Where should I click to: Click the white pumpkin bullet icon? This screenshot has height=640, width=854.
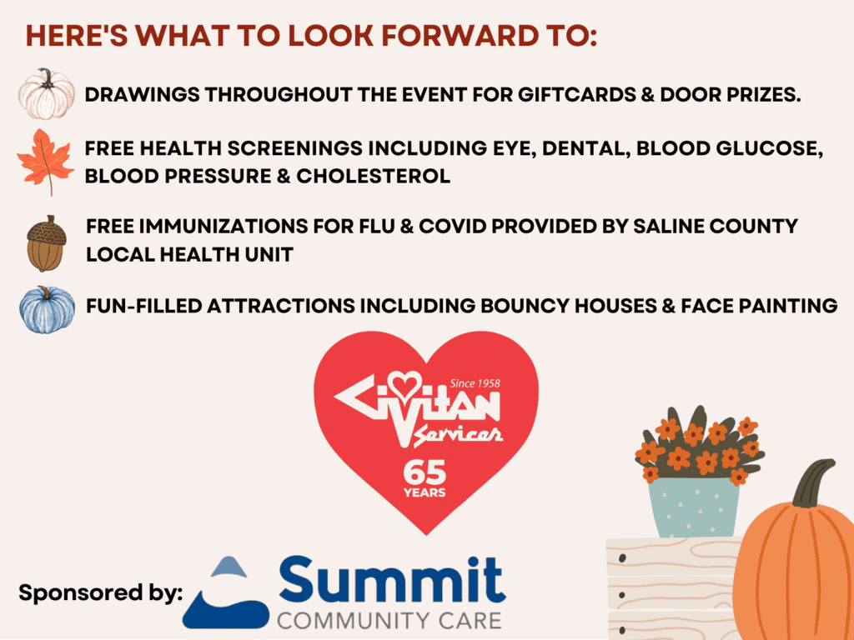tap(47, 94)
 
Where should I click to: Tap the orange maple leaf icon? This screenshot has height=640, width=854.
tap(45, 162)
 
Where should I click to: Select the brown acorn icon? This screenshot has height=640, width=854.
tap(47, 243)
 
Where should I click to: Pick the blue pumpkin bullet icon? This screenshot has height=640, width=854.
tap(47, 309)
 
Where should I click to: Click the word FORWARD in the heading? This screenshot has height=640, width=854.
tap(459, 36)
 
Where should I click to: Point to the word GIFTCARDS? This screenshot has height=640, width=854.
tap(577, 95)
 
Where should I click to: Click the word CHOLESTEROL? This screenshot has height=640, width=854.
tap(373, 176)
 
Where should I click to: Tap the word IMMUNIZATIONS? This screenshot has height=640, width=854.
tap(224, 226)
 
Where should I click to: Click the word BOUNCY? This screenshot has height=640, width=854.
tap(525, 306)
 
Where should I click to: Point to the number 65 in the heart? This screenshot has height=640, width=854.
tap(424, 472)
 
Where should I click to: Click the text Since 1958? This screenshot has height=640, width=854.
tap(475, 383)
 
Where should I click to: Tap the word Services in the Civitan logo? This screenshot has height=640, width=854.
tap(458, 434)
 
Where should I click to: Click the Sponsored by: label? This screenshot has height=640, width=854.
tap(101, 592)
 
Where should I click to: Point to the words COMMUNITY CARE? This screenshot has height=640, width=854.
tap(389, 621)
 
